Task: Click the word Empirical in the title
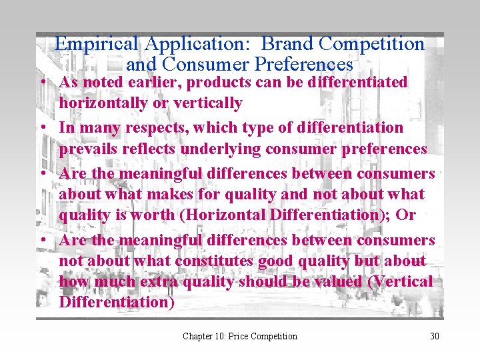(x=97, y=44)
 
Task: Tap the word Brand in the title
(x=287, y=44)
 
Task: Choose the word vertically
(x=209, y=103)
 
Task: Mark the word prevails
(x=83, y=149)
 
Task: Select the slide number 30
(x=435, y=336)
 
